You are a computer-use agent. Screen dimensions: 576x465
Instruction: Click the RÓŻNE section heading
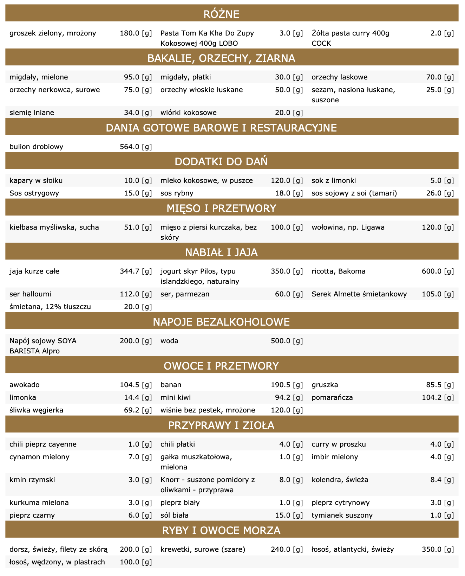tap(221, 14)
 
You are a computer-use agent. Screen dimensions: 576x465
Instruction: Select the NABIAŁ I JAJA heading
tap(221, 252)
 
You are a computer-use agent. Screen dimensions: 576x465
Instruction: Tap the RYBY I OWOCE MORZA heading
tap(221, 530)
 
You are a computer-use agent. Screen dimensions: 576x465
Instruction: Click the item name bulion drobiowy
tap(37, 147)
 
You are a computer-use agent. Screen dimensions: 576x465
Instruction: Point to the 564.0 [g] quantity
tap(136, 147)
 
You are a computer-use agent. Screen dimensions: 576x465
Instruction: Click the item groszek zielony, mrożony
tap(53, 33)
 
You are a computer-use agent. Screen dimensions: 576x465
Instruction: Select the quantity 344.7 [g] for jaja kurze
tap(136, 271)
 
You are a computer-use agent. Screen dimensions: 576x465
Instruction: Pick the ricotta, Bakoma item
tap(339, 271)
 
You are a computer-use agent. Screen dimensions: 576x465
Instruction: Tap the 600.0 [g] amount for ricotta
tap(438, 271)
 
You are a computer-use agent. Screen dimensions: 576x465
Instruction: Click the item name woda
tap(169, 341)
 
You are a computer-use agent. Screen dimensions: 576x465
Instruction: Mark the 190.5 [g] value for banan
tap(287, 385)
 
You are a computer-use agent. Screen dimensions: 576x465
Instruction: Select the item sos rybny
tap(177, 193)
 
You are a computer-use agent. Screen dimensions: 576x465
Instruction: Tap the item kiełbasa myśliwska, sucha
tap(54, 228)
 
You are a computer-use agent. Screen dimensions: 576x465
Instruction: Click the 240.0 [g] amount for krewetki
tap(287, 549)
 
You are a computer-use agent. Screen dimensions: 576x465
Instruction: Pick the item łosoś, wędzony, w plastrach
tap(57, 562)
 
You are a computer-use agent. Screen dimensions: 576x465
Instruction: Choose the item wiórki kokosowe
tap(189, 113)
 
